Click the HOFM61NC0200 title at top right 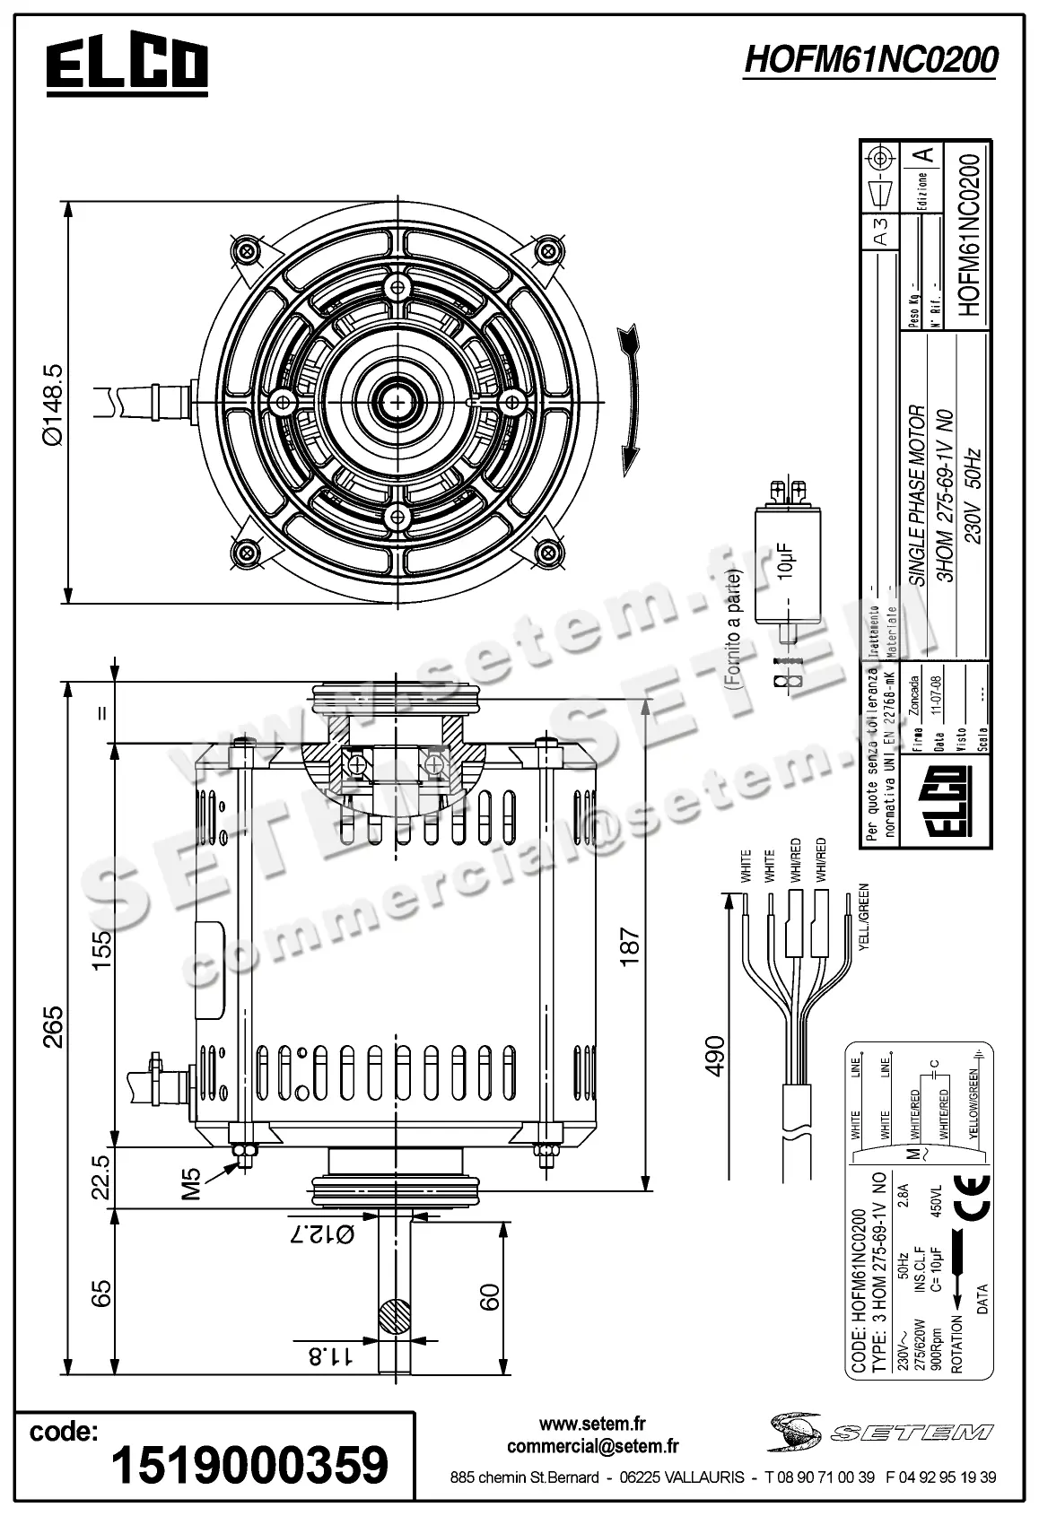tap(870, 60)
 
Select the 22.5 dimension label tap(100, 1176)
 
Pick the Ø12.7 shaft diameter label tap(320, 1234)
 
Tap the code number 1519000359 tap(249, 1464)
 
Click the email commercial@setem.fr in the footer tap(592, 1446)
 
